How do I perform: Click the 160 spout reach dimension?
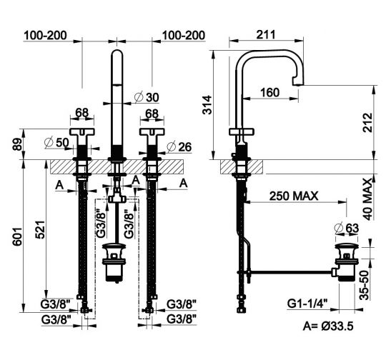pyautogui.click(x=269, y=93)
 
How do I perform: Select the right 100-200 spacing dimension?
pyautogui.click(x=184, y=34)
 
